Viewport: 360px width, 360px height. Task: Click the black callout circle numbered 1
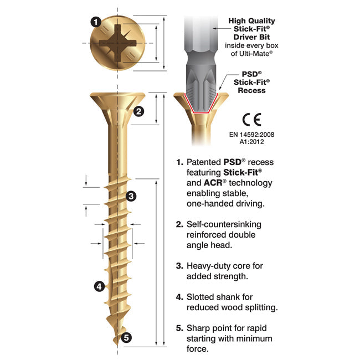(96, 22)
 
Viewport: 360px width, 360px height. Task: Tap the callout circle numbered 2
(138, 111)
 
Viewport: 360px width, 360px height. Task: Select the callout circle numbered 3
(131, 196)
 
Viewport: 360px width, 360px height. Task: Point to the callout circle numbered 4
(99, 286)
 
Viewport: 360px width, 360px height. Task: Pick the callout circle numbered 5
(126, 337)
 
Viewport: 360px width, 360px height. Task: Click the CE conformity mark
(251, 120)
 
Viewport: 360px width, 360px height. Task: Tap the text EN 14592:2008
(251, 135)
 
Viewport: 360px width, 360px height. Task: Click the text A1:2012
(251, 142)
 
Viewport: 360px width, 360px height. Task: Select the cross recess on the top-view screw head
(117, 43)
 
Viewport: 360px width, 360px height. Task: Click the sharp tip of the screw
(117, 345)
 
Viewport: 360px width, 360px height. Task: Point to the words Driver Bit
(251, 37)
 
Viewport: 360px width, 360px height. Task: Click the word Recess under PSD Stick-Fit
(251, 90)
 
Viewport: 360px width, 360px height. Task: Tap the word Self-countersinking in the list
(224, 224)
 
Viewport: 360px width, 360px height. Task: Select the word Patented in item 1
(204, 162)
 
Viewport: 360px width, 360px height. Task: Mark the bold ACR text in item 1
(213, 183)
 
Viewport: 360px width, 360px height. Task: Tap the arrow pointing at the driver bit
(222, 28)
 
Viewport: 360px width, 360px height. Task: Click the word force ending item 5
(198, 349)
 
